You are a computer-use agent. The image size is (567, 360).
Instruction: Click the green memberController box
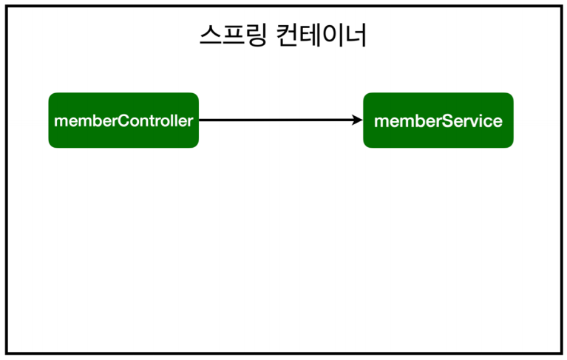(123, 120)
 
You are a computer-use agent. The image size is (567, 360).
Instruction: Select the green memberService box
(438, 120)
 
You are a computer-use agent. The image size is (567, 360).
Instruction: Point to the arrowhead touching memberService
(358, 120)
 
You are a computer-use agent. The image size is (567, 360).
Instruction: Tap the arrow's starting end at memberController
(201, 120)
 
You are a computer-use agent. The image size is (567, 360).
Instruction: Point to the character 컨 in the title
(289, 36)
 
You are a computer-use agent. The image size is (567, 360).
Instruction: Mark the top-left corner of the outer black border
(7, 7)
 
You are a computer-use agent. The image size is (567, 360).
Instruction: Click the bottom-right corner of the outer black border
(560, 353)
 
